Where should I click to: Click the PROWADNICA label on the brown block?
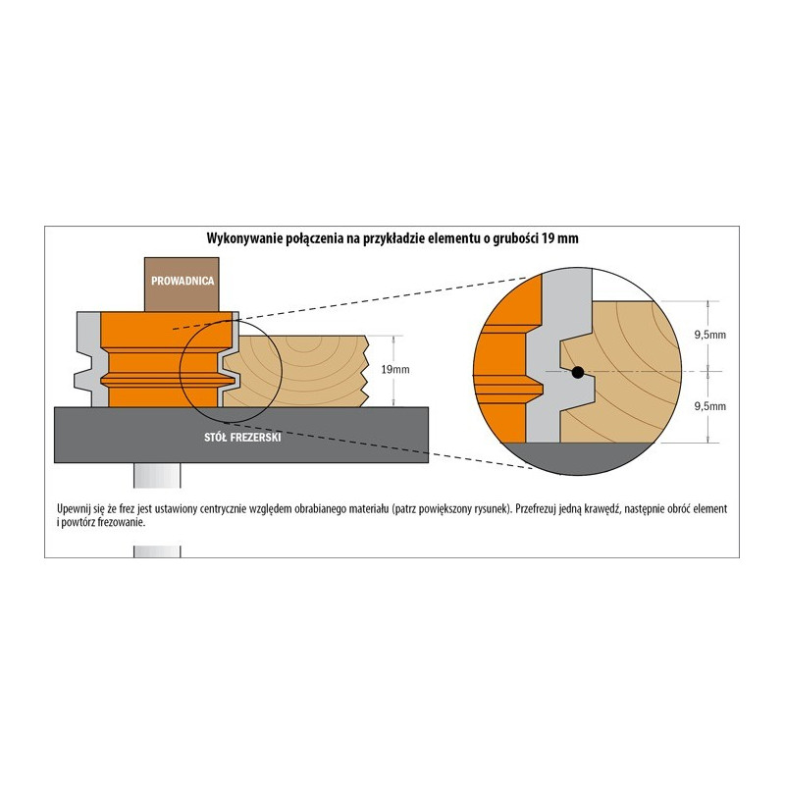(183, 281)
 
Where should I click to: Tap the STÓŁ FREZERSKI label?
(242, 437)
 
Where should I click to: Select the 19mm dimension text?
(395, 370)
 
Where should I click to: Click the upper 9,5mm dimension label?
(709, 335)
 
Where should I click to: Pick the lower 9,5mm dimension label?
(709, 406)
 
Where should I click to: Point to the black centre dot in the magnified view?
(578, 372)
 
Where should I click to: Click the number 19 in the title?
(548, 238)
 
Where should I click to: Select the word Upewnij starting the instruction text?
(73, 509)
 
